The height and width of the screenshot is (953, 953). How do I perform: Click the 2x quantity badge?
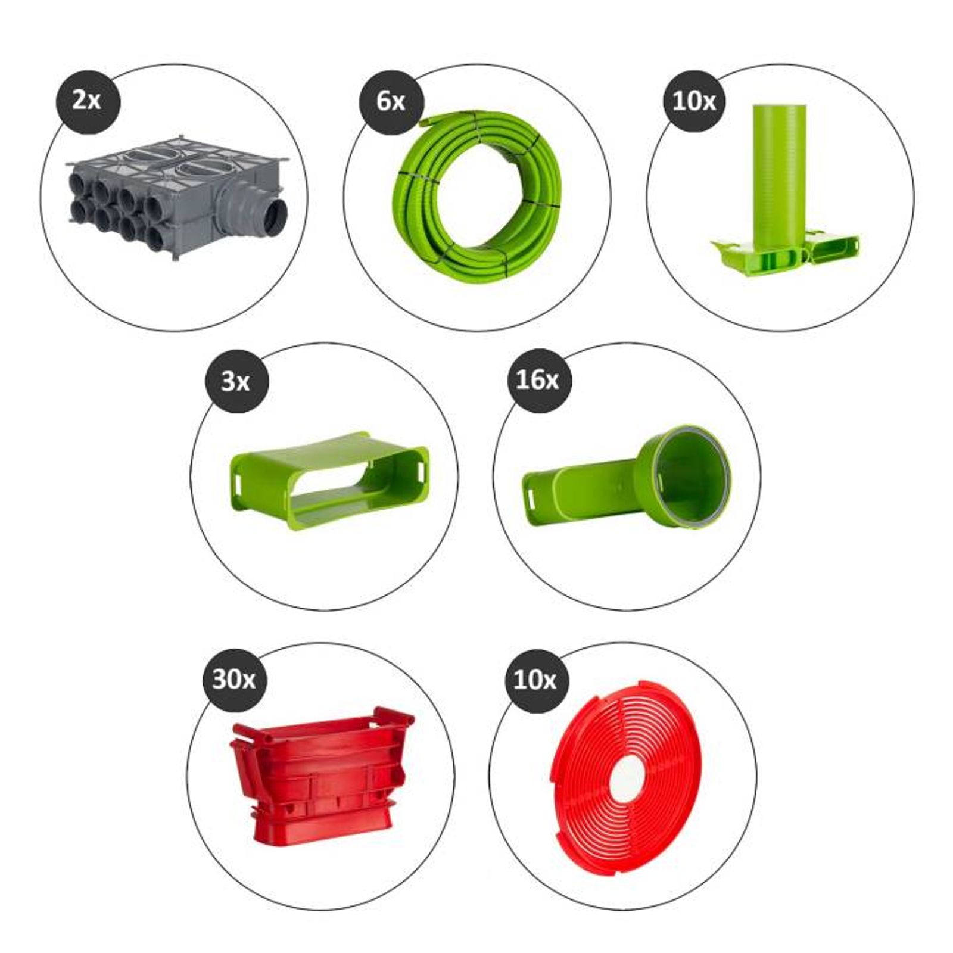coord(88,101)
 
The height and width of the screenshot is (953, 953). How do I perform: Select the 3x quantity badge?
coord(236,381)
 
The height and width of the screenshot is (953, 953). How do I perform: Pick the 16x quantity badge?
coord(539,380)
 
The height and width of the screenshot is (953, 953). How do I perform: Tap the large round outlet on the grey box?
coord(275,216)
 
